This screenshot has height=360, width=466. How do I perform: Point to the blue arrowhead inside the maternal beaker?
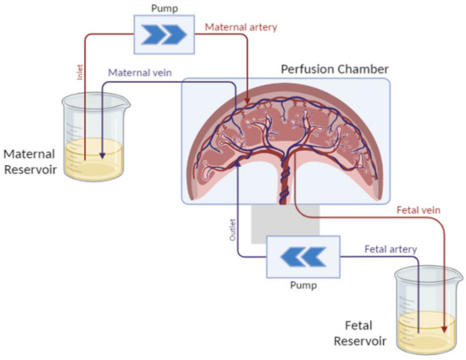coord(101,155)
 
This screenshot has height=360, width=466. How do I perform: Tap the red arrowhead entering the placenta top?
coord(247,103)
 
